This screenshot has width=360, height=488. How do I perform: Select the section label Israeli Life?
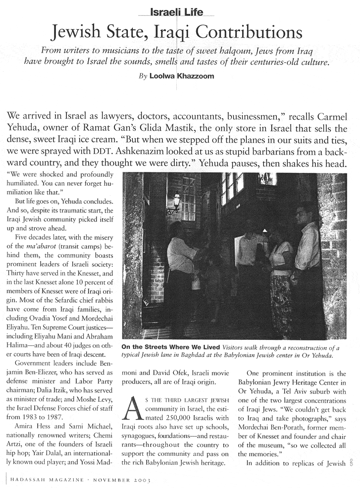[x=180, y=8]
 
